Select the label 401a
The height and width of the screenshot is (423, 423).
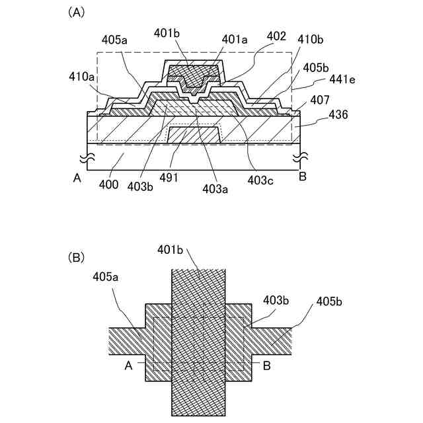click(234, 39)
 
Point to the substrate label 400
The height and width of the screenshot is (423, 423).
click(109, 184)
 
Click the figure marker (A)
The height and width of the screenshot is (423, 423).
click(76, 13)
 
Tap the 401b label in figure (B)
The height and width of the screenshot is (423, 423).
click(169, 250)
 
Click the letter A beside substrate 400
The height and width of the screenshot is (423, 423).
click(77, 176)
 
